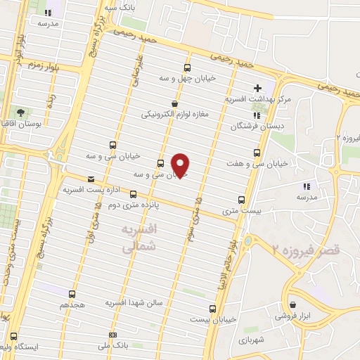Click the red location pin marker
(181, 165)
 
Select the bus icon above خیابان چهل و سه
(187, 68)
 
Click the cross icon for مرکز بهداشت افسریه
(257, 89)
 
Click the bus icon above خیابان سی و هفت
(255, 152)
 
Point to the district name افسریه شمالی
(138, 239)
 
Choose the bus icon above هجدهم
(73, 293)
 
